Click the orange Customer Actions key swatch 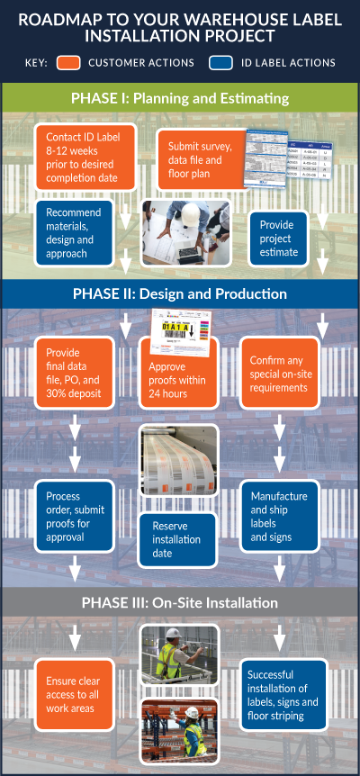[71, 63]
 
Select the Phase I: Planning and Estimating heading [180, 98]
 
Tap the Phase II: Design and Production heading [180, 293]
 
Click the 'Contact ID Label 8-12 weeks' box [85, 155]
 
